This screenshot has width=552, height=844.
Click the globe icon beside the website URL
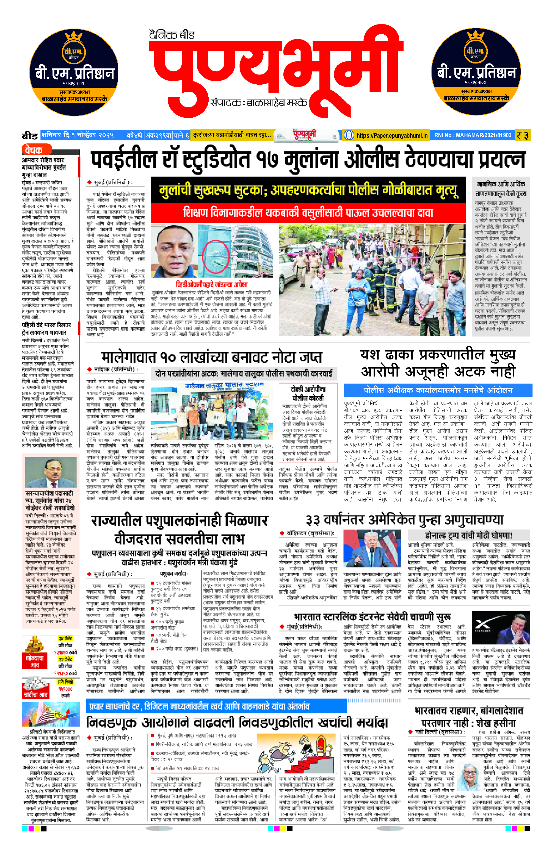(349, 135)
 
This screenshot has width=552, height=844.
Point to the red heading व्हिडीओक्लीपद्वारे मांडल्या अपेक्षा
(211, 284)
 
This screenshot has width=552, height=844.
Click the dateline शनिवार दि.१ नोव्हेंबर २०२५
(78, 135)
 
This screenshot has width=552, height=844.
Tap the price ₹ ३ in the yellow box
(523, 135)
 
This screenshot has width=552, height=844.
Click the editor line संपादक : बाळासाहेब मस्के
(259, 103)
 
